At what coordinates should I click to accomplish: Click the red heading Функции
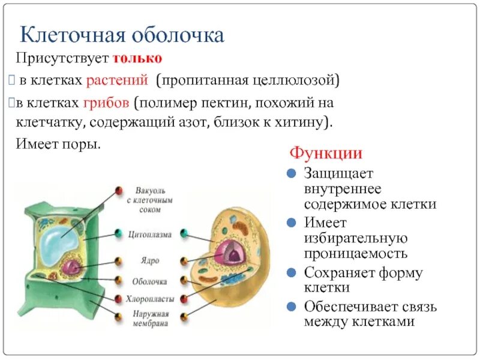click(326, 153)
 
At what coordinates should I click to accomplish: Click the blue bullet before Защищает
click(291, 174)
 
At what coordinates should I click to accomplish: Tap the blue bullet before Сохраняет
click(291, 273)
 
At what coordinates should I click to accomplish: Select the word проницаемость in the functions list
click(355, 254)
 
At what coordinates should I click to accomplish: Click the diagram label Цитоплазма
click(150, 234)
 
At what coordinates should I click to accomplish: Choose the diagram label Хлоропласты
click(150, 298)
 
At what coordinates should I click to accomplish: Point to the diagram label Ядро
click(149, 262)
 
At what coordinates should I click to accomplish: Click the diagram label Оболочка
click(150, 280)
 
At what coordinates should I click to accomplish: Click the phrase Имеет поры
click(58, 145)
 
